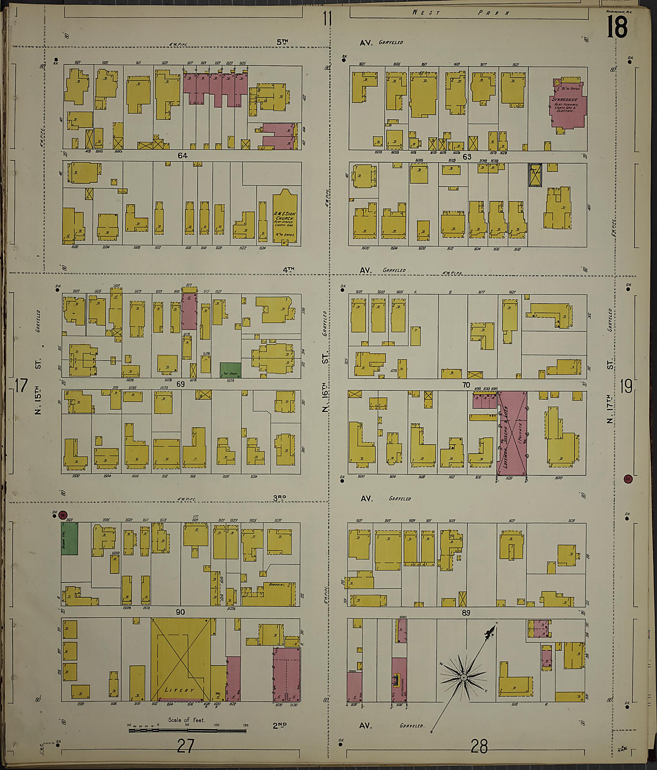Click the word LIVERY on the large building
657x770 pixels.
[179, 690]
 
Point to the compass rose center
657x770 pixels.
[464, 678]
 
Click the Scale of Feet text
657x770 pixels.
[186, 720]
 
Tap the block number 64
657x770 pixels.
[182, 156]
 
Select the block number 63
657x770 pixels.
[467, 157]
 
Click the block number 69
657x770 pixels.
[180, 384]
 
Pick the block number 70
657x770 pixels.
[466, 385]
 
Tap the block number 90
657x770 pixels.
[182, 612]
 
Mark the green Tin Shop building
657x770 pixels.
[230, 370]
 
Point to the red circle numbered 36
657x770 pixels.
[63, 515]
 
